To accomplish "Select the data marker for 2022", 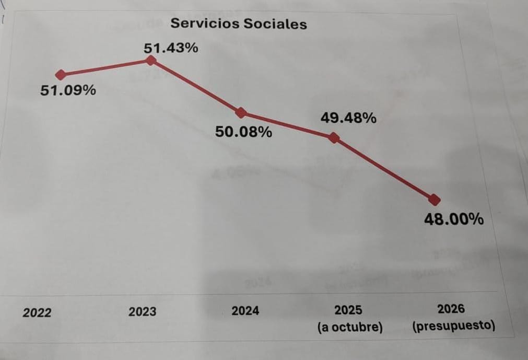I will pyautogui.click(x=61, y=75).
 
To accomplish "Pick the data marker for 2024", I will pyautogui.click(x=241, y=112).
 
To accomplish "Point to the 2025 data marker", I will pyautogui.click(x=334, y=138).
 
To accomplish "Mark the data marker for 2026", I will pyautogui.click(x=435, y=200).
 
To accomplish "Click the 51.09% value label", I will pyautogui.click(x=68, y=90).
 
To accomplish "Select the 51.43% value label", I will pyautogui.click(x=171, y=49).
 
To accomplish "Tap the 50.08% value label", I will pyautogui.click(x=243, y=132).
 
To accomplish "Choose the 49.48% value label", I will pyautogui.click(x=348, y=119).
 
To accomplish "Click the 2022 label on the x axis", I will pyautogui.click(x=37, y=313).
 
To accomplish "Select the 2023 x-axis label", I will pyautogui.click(x=142, y=312).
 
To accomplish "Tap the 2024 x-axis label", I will pyautogui.click(x=245, y=311).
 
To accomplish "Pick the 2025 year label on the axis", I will pyautogui.click(x=348, y=310).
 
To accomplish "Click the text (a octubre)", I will pyautogui.click(x=350, y=328).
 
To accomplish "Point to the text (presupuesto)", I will pyautogui.click(x=453, y=327).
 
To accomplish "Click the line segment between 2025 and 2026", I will pyautogui.click(x=384, y=169).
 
